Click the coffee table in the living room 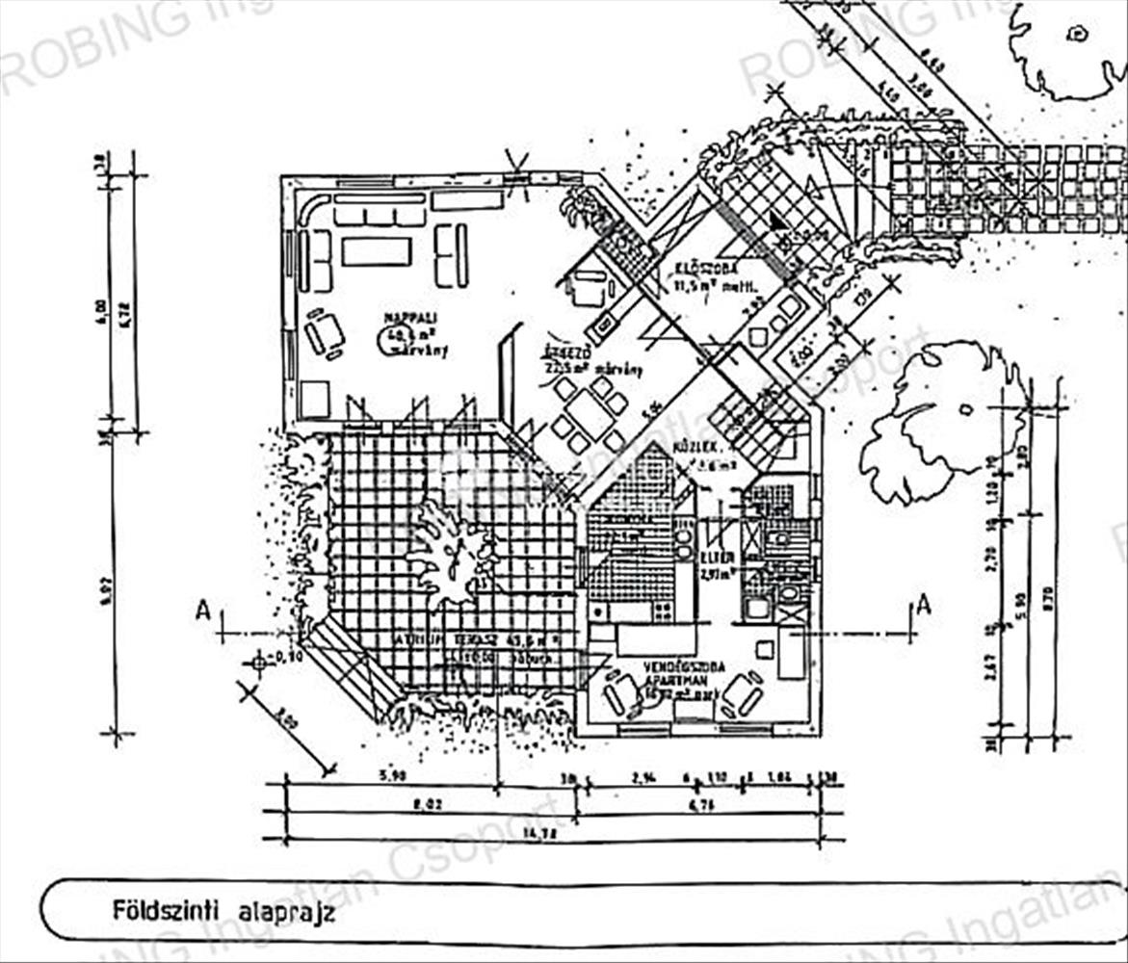point(376,251)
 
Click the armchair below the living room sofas point(325,333)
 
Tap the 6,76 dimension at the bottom point(699,804)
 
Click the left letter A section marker point(202,609)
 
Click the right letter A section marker point(923,606)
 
